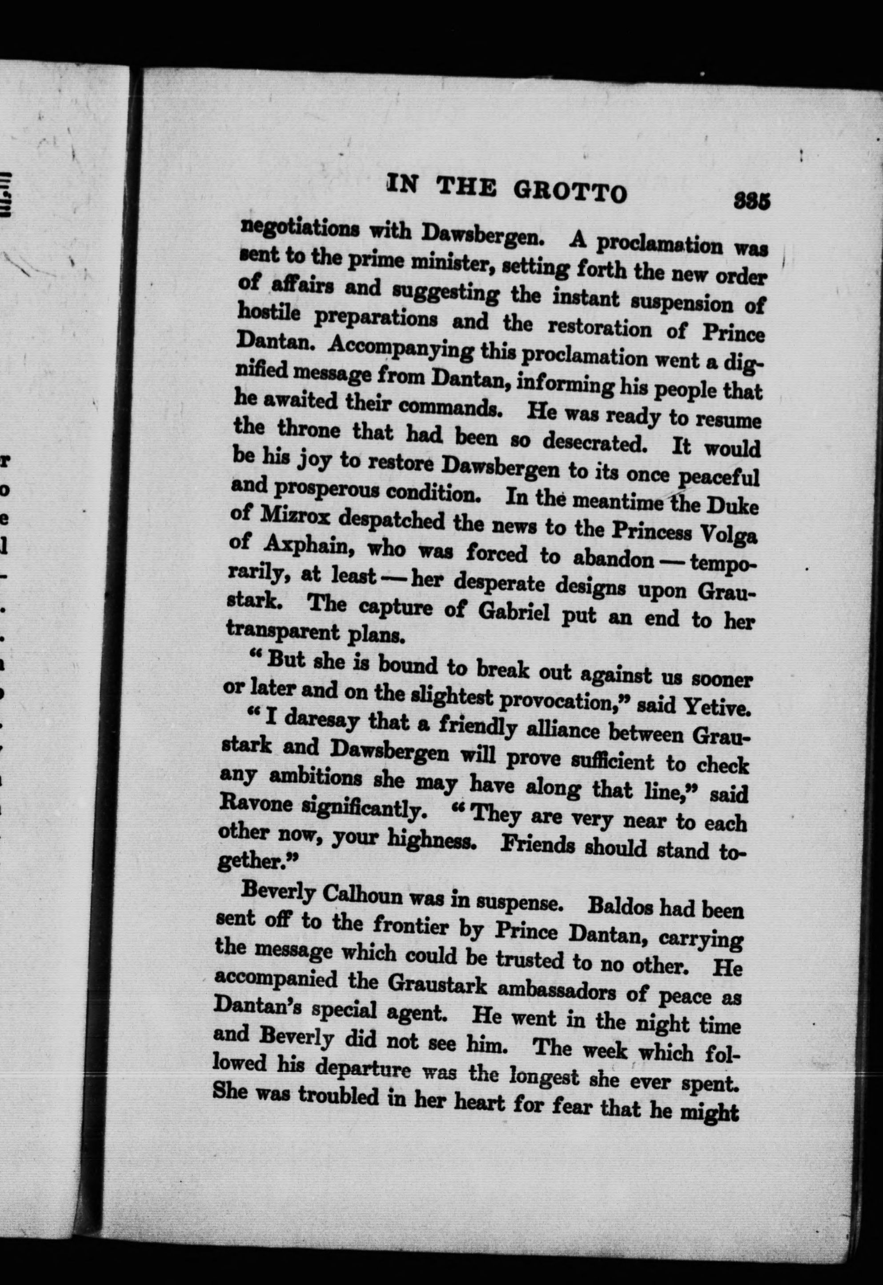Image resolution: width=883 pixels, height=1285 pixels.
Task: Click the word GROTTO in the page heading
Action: coord(570,192)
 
